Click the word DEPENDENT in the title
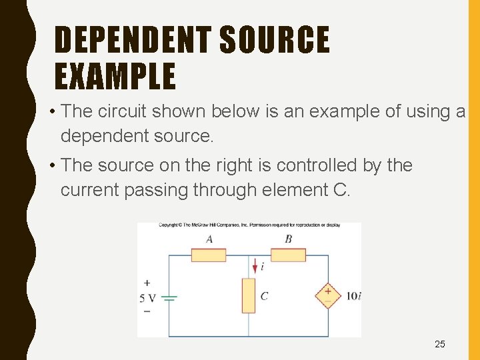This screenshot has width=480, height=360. tap(133, 39)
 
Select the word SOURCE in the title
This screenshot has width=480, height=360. tap(275, 39)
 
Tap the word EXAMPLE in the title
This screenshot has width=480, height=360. tap(115, 77)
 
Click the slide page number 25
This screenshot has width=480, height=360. tap(440, 344)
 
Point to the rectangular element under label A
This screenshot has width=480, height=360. tap(209, 255)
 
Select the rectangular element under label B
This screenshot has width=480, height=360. tap(288, 255)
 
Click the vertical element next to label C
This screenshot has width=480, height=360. tap(249, 295)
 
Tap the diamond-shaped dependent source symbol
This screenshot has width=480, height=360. tap(328, 295)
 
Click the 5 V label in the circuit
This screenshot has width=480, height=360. tap(147, 298)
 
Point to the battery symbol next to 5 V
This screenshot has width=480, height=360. tap(169, 298)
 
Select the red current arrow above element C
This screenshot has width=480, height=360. tap(255, 266)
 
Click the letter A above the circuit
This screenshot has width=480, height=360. tap(209, 239)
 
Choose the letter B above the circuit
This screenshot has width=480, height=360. tap(288, 239)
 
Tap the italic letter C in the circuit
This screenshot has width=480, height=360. tap(265, 295)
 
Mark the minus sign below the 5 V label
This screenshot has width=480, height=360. tap(147, 311)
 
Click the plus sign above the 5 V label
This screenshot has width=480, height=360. tap(147, 283)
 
